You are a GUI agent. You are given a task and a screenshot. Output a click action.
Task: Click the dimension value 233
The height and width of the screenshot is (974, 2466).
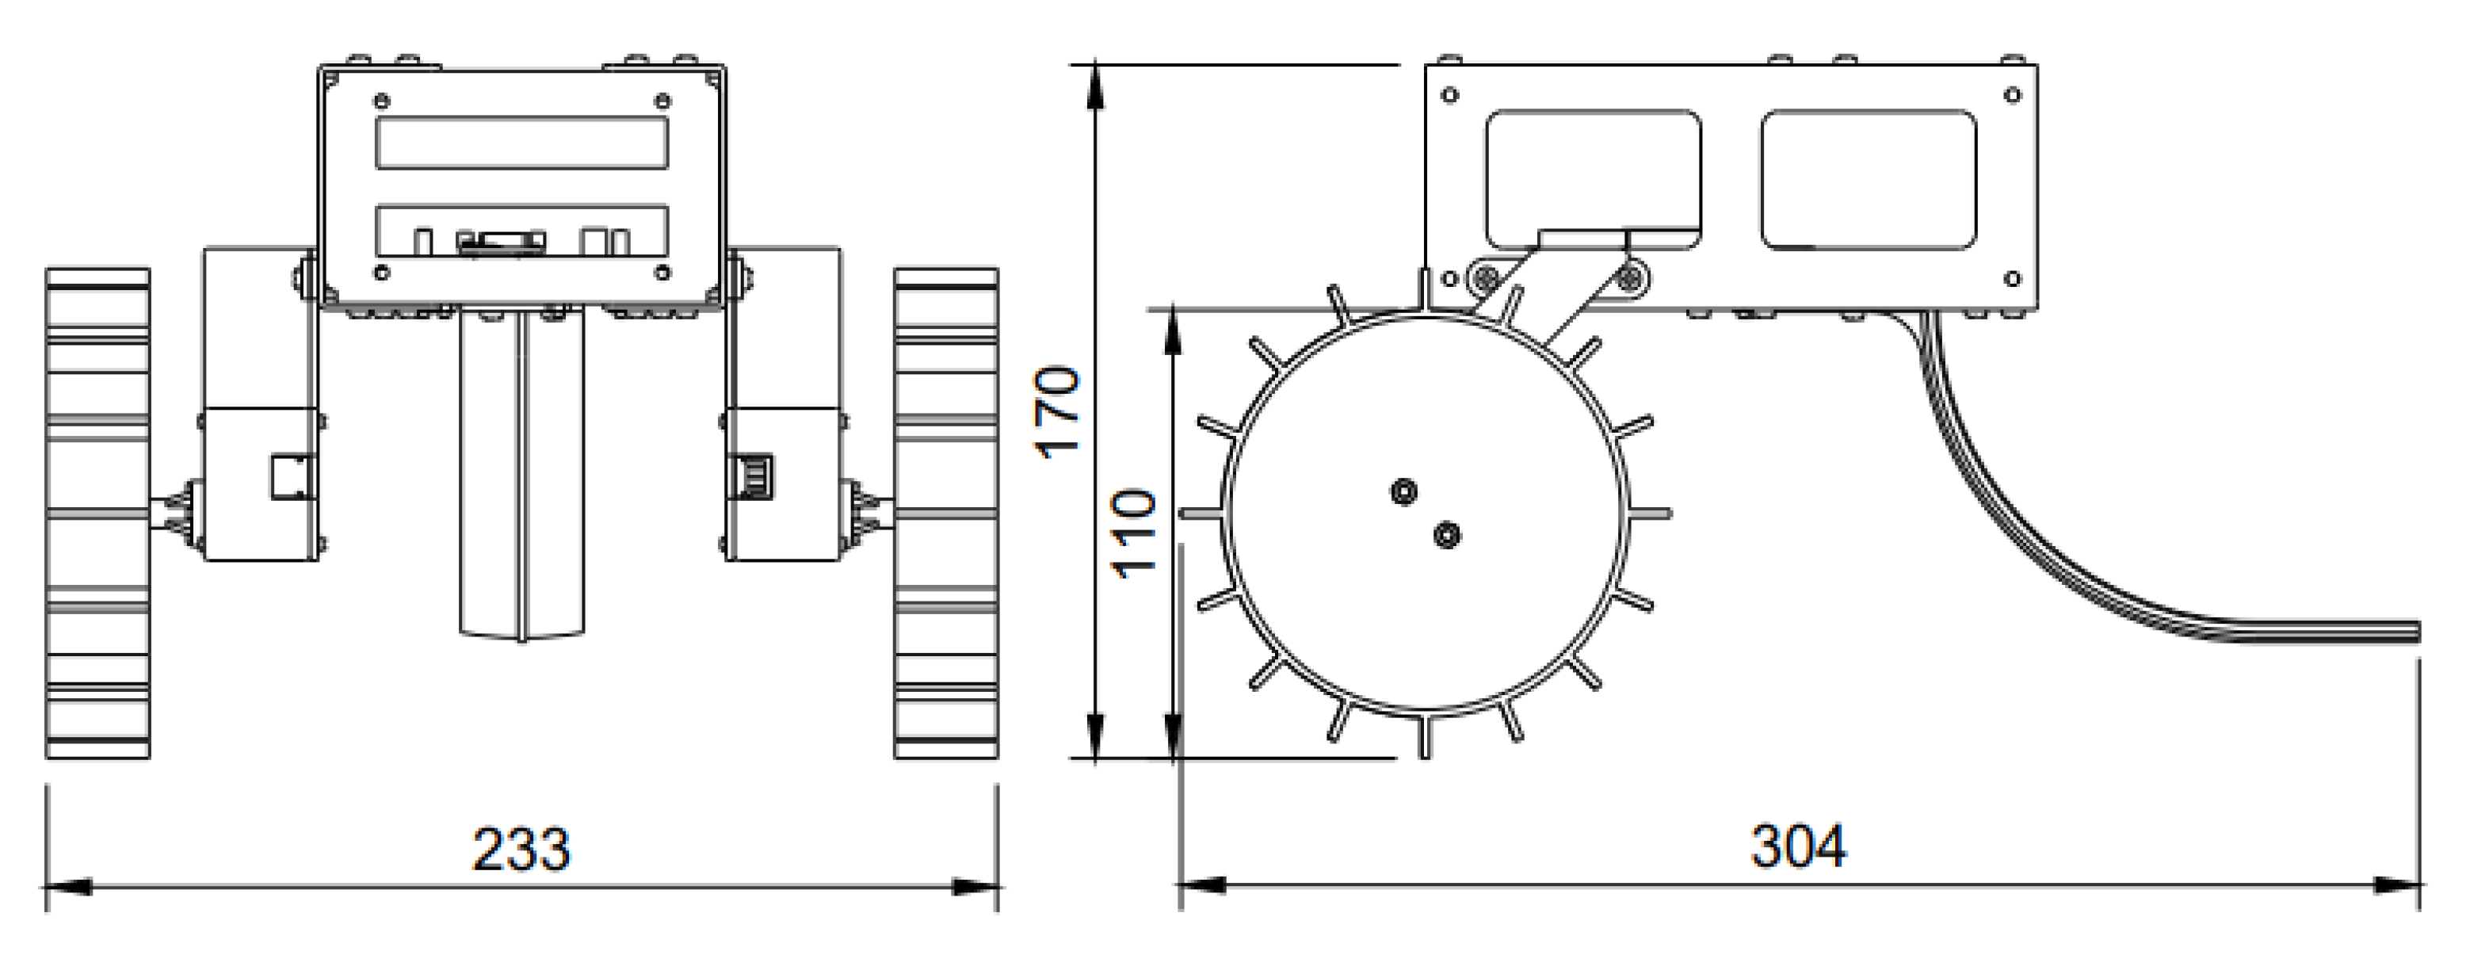pos(521,849)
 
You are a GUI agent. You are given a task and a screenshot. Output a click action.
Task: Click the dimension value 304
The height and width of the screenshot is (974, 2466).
pos(1798,846)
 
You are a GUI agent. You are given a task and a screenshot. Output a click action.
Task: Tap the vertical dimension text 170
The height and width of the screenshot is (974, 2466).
pos(1059,412)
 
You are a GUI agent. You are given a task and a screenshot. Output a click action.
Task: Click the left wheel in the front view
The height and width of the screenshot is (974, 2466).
pos(97,514)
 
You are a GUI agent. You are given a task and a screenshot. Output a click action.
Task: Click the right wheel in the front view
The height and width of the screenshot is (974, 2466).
pos(946,514)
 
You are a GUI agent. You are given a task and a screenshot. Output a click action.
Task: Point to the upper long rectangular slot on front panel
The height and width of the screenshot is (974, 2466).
pos(521,143)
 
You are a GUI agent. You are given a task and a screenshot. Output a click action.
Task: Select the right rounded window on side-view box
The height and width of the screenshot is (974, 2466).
pos(1868,179)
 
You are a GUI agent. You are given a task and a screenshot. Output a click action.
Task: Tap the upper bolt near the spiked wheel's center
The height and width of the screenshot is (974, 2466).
pos(1403,492)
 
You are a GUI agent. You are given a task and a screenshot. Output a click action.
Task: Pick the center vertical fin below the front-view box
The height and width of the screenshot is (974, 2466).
pos(521,479)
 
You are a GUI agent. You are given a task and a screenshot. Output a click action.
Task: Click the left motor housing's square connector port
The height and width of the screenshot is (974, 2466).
pos(291,477)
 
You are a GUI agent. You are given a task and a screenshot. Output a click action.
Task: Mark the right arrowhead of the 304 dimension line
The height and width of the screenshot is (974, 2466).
pos(2399,885)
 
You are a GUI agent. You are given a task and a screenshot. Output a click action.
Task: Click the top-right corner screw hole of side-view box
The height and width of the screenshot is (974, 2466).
pos(2011,95)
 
